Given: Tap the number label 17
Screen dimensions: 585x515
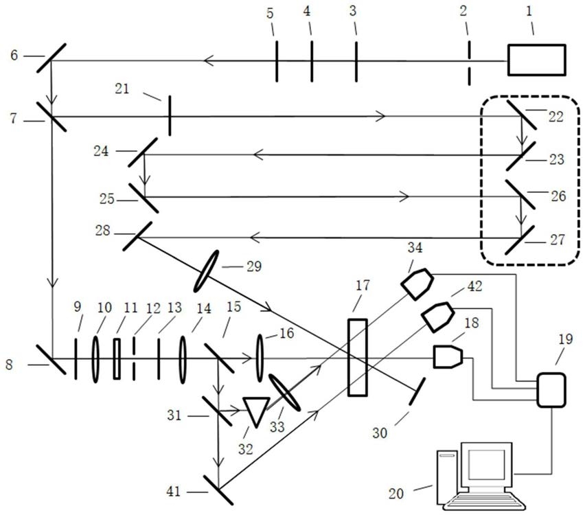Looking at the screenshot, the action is pyautogui.click(x=363, y=286).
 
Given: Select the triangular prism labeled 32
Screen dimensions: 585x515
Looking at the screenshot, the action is pyautogui.click(x=256, y=411).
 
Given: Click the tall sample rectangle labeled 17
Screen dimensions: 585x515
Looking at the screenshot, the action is pyautogui.click(x=358, y=357).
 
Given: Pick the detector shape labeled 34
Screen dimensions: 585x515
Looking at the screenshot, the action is pyautogui.click(x=417, y=284).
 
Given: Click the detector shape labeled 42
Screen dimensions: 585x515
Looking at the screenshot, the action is pyautogui.click(x=437, y=317).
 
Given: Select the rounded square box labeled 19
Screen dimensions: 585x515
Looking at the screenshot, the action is pyautogui.click(x=551, y=389).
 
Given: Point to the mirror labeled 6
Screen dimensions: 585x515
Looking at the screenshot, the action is pyautogui.click(x=51, y=58).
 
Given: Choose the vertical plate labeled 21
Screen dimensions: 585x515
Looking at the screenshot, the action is pyautogui.click(x=170, y=115).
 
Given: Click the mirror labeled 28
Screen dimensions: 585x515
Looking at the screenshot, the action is pyautogui.click(x=137, y=236).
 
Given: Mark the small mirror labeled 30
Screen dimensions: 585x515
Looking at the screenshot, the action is pyautogui.click(x=417, y=391).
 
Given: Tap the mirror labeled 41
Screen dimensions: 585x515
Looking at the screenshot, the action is pyautogui.click(x=218, y=490).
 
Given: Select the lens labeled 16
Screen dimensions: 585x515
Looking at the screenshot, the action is pyautogui.click(x=260, y=358).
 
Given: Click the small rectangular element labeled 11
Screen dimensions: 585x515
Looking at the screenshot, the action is pyautogui.click(x=117, y=358).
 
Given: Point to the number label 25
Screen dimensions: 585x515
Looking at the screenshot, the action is pyautogui.click(x=106, y=198).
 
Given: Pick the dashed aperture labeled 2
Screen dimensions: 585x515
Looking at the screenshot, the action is pyautogui.click(x=469, y=63).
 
